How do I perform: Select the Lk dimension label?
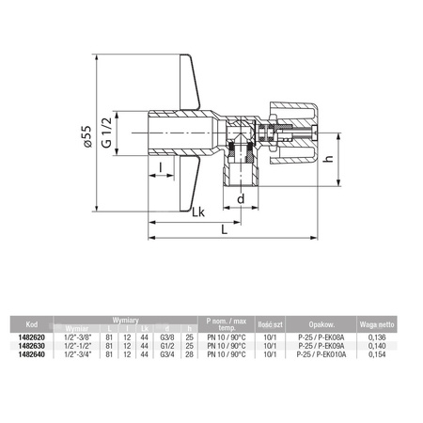(x=198, y=214)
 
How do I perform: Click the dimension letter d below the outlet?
(x=242, y=199)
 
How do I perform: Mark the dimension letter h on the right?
(x=326, y=159)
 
